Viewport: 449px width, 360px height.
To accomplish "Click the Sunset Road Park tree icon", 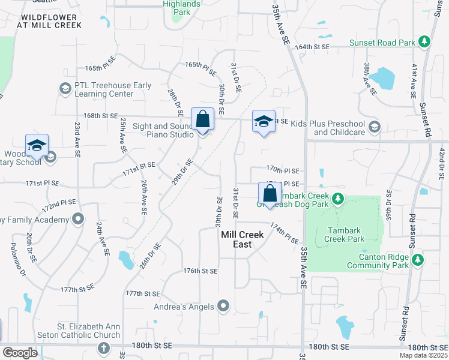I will pyautogui.click(x=424, y=42).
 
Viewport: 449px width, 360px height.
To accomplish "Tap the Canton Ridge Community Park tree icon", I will pyautogui.click(x=418, y=260).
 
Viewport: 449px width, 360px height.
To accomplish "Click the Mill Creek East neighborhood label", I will pyautogui.click(x=243, y=239).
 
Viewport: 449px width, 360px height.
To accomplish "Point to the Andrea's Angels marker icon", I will pyautogui.click(x=223, y=307).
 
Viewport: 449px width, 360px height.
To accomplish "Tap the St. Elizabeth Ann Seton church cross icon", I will pyautogui.click(x=104, y=348).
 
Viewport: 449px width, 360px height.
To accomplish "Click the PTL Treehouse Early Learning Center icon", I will pyautogui.click(x=65, y=89).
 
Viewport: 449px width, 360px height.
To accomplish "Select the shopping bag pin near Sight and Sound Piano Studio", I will pyautogui.click(x=203, y=119).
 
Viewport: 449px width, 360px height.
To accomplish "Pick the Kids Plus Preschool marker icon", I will pyautogui.click(x=375, y=127).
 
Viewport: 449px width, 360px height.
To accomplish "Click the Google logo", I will pyautogui.click(x=20, y=352).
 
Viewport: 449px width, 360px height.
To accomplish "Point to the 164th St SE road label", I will pyautogui.click(x=312, y=46).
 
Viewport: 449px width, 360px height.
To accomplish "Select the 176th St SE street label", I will pyautogui.click(x=200, y=271).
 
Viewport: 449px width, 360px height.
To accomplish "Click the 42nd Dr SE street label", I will pyautogui.click(x=441, y=161).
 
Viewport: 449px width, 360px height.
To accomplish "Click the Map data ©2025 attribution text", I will pyautogui.click(x=423, y=355).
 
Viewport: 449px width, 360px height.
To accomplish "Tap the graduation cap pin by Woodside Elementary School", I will pyautogui.click(x=37, y=146).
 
